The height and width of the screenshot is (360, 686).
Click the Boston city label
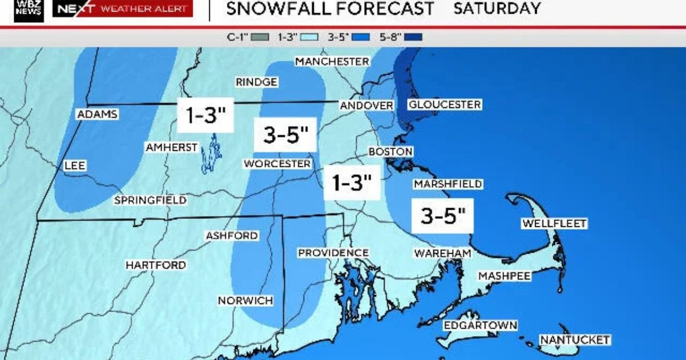pos(390,152)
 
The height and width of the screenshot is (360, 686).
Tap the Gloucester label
pos(444,105)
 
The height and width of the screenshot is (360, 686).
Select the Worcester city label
pos(277,164)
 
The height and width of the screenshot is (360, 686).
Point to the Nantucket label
pos(575,340)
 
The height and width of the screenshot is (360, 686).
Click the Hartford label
pos(155,265)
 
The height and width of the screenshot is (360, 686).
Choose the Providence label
pos(333,253)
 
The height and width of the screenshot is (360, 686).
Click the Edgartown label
pos(481,325)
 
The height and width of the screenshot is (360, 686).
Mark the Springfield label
pos(150,200)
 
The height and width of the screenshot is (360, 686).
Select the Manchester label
pos(332,61)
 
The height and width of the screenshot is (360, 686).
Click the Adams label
pos(97,114)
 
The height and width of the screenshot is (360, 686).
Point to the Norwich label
pos(245,301)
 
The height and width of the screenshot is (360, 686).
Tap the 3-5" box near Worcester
pos(286,135)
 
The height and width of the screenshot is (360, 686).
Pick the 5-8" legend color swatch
pos(413,38)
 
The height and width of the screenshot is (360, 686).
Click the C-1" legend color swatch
pos(260,38)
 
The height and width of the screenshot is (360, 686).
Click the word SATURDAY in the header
pos(497,9)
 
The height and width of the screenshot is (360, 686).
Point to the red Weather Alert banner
pos(122,9)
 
